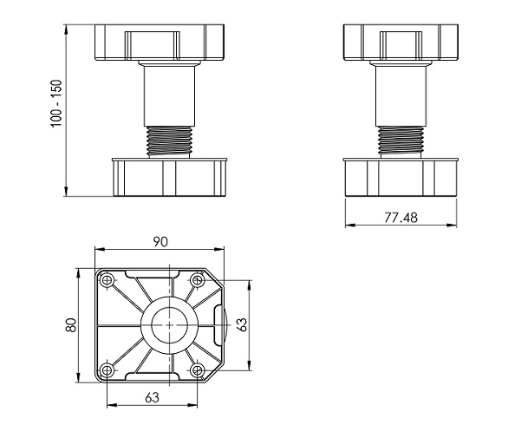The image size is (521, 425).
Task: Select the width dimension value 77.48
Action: pos(400,217)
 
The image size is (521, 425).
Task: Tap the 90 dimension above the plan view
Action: pos(160,241)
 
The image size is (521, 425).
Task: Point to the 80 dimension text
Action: pos(74,324)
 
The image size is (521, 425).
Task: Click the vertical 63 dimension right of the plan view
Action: pos(244,325)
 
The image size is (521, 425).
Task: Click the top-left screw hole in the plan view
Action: pos(107,281)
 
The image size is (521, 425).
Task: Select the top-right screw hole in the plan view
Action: pos(197,281)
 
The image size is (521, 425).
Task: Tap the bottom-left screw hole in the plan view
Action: pos(107,371)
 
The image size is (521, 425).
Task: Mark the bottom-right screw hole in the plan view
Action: pos(197,371)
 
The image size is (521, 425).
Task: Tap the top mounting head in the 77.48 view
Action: pos(400,42)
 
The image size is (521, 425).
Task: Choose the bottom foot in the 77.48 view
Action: pos(400,177)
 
